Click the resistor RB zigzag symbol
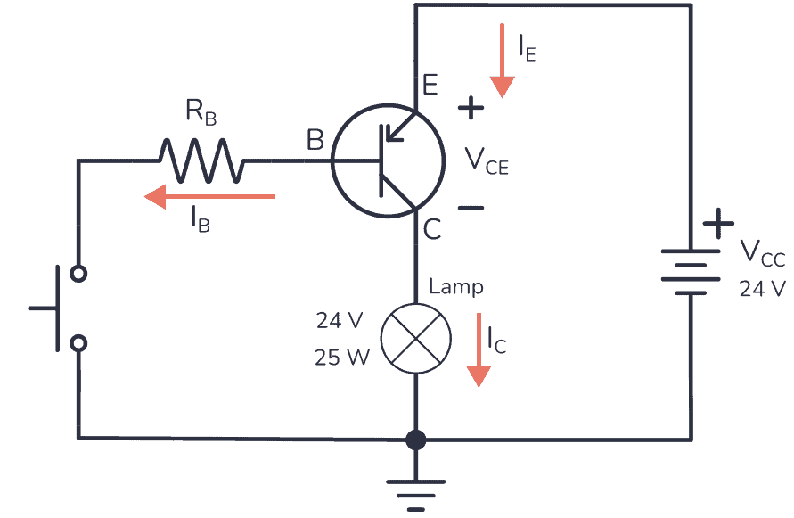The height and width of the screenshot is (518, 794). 201,160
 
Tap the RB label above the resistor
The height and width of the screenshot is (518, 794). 201,112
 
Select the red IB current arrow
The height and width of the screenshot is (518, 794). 210,195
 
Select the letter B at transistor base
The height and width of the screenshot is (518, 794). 315,140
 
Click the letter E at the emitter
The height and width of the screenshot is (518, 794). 430,86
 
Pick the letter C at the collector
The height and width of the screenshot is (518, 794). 431,231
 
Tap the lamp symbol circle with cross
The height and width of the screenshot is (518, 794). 415,338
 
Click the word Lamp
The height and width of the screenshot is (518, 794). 456,287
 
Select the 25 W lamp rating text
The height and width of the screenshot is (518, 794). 341,358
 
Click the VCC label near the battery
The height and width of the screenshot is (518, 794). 763,254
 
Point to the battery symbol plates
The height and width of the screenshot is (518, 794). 691,272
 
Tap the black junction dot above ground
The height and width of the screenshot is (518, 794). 415,440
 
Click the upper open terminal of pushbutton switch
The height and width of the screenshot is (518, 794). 78,273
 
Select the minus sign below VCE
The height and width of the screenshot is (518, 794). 471,208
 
